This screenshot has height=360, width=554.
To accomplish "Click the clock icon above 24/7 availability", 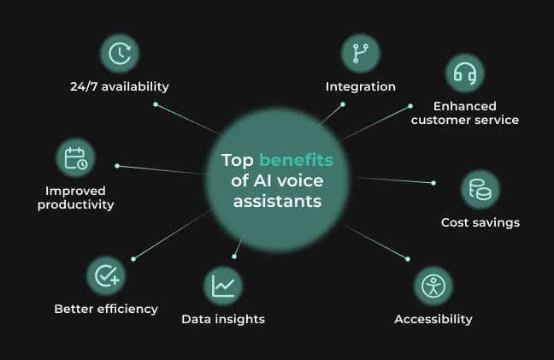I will (x=120, y=53).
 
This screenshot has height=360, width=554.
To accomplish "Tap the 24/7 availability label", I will (x=120, y=86).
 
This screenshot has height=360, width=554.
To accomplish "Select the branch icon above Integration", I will (x=361, y=53).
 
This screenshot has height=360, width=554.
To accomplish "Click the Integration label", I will (x=361, y=86).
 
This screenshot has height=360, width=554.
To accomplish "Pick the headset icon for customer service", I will (x=464, y=74).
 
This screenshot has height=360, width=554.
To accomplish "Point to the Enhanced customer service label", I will (x=464, y=113).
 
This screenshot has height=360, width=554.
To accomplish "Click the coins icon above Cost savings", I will (x=480, y=189).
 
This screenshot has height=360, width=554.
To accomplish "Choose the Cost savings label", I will (x=480, y=222).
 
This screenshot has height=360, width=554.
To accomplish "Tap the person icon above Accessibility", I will (x=433, y=286).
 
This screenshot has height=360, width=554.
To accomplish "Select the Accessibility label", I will (x=433, y=319).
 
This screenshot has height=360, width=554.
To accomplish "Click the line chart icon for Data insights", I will (x=223, y=286).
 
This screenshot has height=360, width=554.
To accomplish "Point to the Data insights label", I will (x=223, y=319).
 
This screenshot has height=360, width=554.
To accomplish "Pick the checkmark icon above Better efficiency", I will (x=106, y=275).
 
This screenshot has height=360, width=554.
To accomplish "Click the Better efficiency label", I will (x=106, y=309).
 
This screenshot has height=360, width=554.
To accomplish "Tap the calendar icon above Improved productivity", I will (x=75, y=157).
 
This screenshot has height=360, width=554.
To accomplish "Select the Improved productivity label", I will (x=75, y=197).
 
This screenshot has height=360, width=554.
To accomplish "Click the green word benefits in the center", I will (x=296, y=160).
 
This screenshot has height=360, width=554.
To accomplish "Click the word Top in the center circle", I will (x=238, y=160).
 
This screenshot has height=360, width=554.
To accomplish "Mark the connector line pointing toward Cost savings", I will (x=393, y=180).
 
